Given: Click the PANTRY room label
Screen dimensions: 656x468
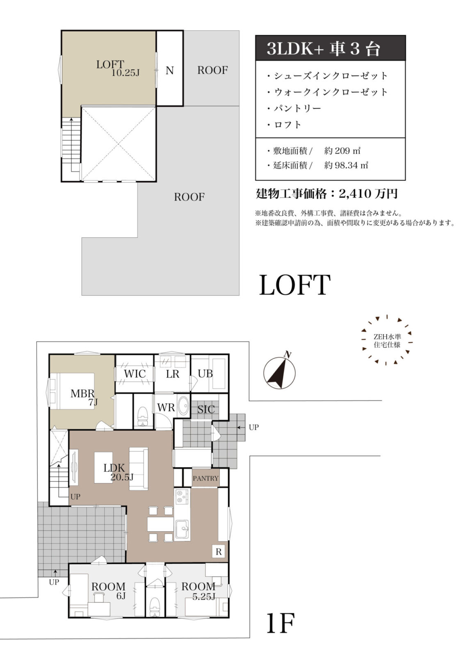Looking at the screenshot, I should coord(205,478).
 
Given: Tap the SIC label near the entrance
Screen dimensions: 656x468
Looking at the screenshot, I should coord(206,409).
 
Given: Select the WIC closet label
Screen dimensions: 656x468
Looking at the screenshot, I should coord(135,374).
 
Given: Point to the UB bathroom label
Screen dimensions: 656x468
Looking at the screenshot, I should coord(205,374).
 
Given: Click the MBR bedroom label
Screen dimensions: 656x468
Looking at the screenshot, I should coord(82,394).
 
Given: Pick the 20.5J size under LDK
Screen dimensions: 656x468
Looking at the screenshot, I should coord(122,477).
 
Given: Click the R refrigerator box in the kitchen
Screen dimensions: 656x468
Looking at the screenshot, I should coord(219,552).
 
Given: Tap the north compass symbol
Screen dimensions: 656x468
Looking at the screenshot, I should coord(279,372).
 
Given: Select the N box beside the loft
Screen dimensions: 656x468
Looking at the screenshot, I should coord(169,71).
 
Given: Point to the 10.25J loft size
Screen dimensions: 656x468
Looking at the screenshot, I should coord(126,73).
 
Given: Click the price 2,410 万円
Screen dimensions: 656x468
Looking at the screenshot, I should coord(368,194).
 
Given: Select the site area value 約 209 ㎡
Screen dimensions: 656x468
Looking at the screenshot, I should coord(342,150).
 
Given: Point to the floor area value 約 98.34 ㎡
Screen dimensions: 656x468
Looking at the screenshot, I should coord(346,165).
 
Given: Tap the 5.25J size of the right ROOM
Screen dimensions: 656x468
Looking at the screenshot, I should coord(204,597).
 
